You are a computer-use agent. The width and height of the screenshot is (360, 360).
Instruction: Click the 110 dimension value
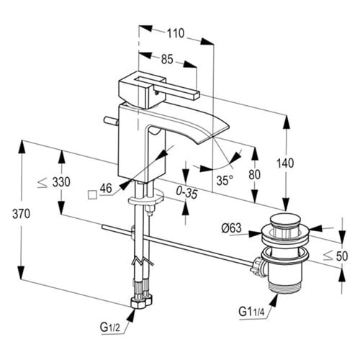click(176, 33)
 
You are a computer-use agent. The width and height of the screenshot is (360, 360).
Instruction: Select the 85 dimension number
click(167, 59)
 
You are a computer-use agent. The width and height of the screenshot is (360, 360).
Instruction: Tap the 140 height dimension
click(285, 163)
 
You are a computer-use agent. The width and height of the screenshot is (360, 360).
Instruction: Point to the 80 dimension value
click(254, 174)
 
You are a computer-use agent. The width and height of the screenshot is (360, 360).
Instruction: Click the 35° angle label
click(225, 180)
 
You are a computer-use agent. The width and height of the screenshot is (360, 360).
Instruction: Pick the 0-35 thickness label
click(186, 193)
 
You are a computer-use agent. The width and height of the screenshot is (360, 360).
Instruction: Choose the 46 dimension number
click(106, 188)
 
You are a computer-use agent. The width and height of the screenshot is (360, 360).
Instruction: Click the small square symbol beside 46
click(92, 194)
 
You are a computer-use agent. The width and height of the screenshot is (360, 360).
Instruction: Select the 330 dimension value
click(61, 182)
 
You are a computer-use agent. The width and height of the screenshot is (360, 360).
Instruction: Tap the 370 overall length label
click(21, 214)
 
